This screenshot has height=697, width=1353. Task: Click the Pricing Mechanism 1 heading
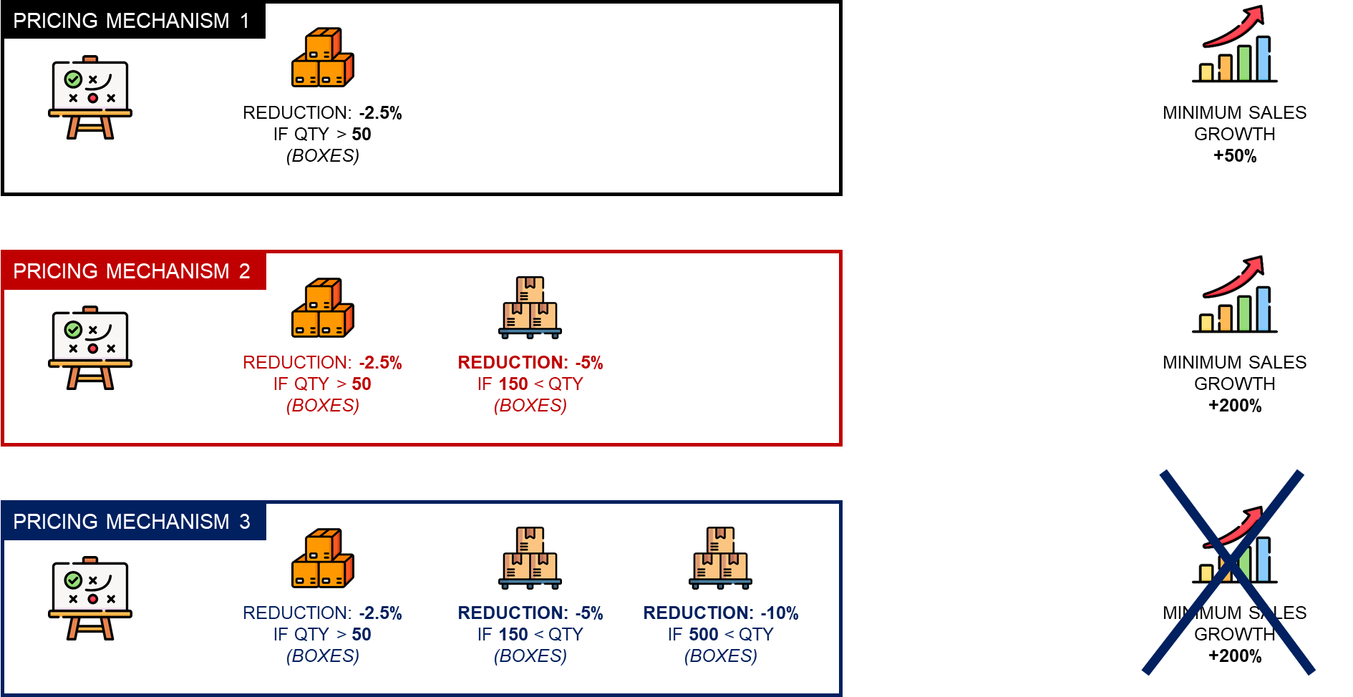click(131, 21)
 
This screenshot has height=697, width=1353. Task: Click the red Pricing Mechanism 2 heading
click(131, 271)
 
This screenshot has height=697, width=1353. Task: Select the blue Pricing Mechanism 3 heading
click(131, 522)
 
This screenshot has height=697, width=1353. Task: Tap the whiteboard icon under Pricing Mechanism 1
click(90, 97)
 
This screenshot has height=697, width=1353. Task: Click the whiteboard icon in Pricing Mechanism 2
click(90, 348)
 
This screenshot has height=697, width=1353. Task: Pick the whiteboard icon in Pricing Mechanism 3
click(90, 598)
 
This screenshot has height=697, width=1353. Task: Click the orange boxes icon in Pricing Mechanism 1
click(323, 57)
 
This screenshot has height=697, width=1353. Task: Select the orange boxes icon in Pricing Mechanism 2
click(323, 308)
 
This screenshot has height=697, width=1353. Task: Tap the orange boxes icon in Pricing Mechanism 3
click(323, 558)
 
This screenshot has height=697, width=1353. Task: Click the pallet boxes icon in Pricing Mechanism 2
click(530, 307)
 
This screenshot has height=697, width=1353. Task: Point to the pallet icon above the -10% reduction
click(721, 557)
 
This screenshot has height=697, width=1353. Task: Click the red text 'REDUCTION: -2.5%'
click(322, 363)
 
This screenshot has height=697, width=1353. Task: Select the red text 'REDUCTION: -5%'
click(530, 363)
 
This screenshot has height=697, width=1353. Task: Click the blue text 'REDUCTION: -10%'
click(721, 613)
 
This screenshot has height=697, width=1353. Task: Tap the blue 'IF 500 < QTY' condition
click(721, 635)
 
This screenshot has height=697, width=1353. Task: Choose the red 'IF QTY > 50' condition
click(322, 384)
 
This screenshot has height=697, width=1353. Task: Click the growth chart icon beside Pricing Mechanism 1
click(1235, 45)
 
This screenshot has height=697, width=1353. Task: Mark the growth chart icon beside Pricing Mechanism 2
click(1235, 296)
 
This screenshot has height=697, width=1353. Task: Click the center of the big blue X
click(1229, 572)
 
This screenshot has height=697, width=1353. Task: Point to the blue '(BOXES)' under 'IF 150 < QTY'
click(530, 656)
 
